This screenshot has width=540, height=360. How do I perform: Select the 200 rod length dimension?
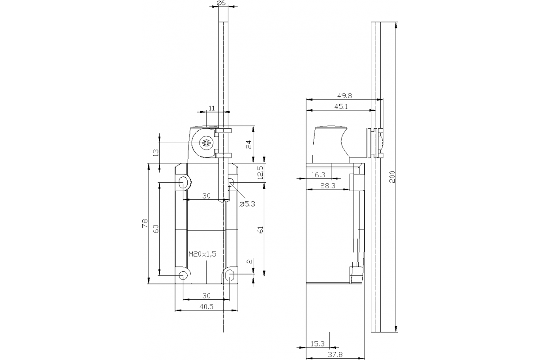tap(391, 177)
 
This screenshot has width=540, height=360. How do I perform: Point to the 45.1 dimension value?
tap(341, 106)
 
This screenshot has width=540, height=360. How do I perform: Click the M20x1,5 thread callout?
tap(202, 254)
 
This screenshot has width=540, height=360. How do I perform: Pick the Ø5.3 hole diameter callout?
tap(247, 203)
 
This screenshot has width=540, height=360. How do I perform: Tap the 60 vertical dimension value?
tap(156, 229)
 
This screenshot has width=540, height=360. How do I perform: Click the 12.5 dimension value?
tap(260, 172)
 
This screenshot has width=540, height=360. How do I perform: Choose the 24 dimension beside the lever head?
tap(248, 144)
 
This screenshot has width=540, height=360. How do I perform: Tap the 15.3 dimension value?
tap(317, 344)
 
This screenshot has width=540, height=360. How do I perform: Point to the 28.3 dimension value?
tap(327, 185)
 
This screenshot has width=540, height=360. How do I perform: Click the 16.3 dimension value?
tap(318, 175)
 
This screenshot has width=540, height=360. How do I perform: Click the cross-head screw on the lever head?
tap(207, 144)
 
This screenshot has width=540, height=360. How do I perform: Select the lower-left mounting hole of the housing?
tap(183, 275)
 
